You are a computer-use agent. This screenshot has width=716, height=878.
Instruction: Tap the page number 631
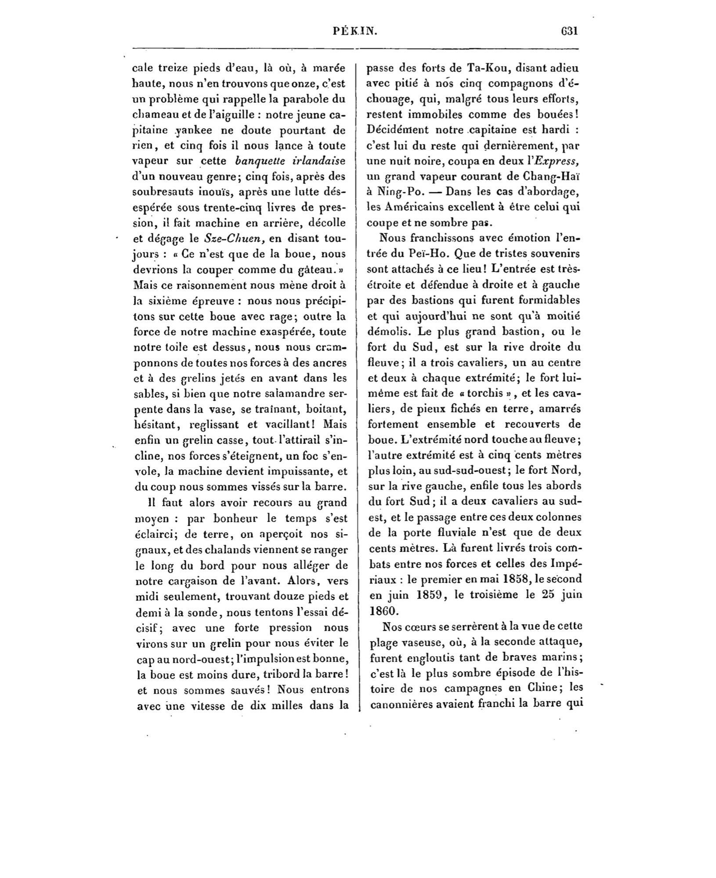point(568,32)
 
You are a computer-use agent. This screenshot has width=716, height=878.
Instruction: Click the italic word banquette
point(257,161)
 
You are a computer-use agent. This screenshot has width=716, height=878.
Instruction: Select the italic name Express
point(558,161)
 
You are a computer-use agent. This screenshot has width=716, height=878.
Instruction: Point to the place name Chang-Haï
point(553,176)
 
